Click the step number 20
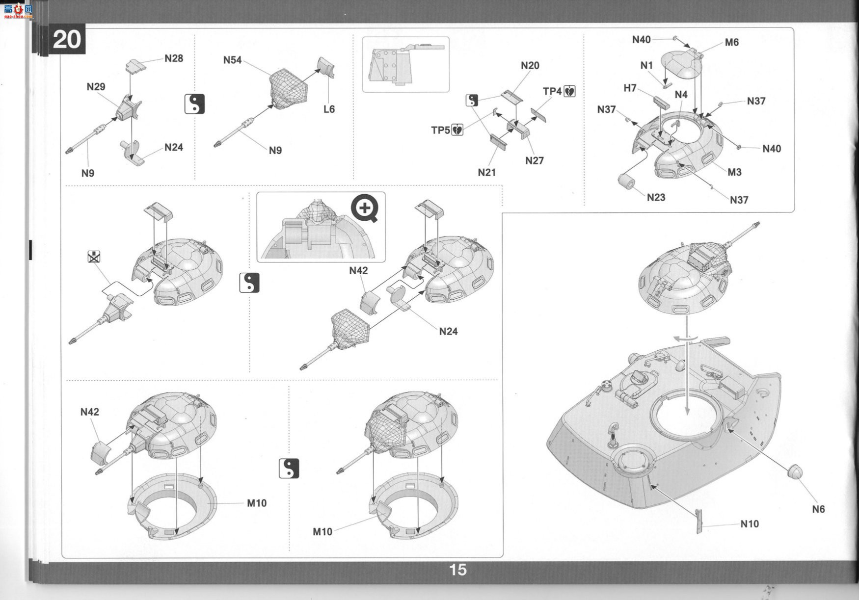tap(66, 39)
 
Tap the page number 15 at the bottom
tap(457, 570)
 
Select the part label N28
tap(174, 58)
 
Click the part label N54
tap(233, 60)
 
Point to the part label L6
tap(329, 109)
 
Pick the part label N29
tap(96, 87)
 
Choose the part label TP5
tap(440, 130)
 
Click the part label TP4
tap(552, 91)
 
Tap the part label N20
tap(530, 66)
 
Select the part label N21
tap(487, 172)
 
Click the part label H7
tap(630, 88)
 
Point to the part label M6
tap(732, 43)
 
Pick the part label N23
tap(656, 197)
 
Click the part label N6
tap(818, 509)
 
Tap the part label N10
tap(750, 524)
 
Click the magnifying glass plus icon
tap(364, 209)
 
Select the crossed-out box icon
tap(94, 256)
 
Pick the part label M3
tap(734, 172)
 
